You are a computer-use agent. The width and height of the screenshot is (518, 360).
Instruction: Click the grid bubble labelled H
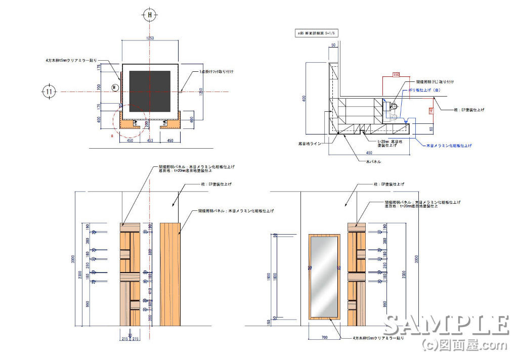tap(150, 15)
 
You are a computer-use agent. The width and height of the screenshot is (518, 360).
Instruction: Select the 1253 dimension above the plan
tap(150, 38)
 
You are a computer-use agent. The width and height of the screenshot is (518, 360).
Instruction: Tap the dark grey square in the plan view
tap(150, 91)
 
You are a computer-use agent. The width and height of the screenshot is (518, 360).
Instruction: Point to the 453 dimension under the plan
tap(150, 141)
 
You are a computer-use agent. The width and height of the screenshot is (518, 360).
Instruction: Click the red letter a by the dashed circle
tap(112, 136)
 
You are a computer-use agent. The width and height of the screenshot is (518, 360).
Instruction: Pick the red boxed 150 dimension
tap(396, 75)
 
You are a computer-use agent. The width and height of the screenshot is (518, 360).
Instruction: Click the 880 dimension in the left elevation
tap(150, 251)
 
